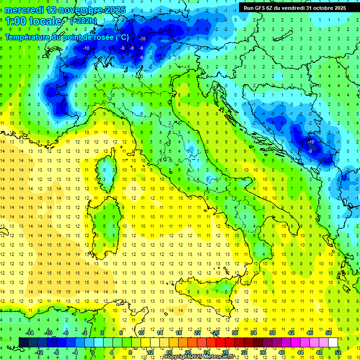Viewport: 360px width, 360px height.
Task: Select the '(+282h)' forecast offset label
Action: click(x=84, y=21)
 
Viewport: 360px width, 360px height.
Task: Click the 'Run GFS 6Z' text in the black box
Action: click(x=257, y=8)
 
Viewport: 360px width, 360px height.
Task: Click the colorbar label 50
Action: click(x=328, y=332)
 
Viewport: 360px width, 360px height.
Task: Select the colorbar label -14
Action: click(x=30, y=332)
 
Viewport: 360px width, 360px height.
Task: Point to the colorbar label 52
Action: click(x=338, y=352)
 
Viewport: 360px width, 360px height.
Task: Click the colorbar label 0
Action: click(x=93, y=352)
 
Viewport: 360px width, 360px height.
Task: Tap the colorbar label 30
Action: click(x=234, y=332)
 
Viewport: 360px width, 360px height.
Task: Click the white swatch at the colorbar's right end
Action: click(x=333, y=342)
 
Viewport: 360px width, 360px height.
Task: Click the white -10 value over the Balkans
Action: click(x=311, y=142)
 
